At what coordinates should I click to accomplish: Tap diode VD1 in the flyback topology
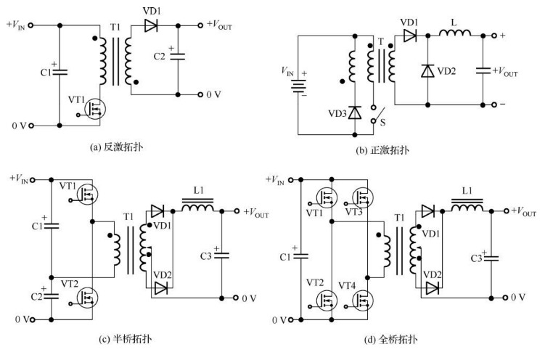pyautogui.click(x=152, y=25)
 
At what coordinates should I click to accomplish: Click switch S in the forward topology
pyautogui.click(x=375, y=115)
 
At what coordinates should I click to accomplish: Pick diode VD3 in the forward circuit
pyautogui.click(x=354, y=112)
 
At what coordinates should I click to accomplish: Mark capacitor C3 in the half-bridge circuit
pyautogui.click(x=221, y=256)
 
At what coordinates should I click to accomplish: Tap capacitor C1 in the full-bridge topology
pyautogui.click(x=301, y=255)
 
